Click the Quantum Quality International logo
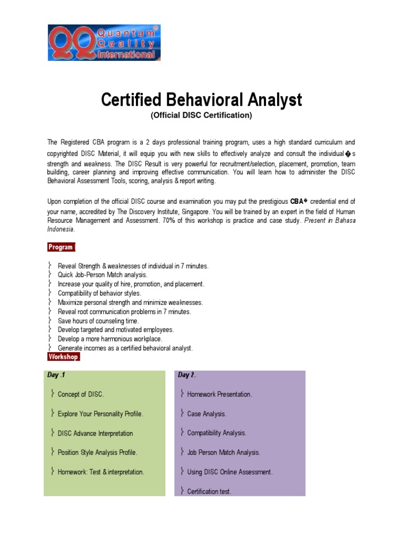coord(104,42)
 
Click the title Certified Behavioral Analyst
coord(201,99)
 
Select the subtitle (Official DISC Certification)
coord(201,115)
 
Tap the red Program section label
coord(61,247)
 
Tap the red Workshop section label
coord(63,357)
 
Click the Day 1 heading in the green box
coord(56,375)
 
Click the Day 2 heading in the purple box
coord(187,375)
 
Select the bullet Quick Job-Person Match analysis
coord(102,275)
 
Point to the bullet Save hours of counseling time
coord(98,320)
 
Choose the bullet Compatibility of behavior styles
coord(99,293)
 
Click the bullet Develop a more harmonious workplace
coord(110,339)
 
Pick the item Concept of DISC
coord(81,394)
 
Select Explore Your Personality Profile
coord(100,414)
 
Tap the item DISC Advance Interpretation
coord(95,433)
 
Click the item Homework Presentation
coord(219,394)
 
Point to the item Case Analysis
coord(207,414)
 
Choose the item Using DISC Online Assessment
coord(230,472)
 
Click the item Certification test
coord(209,492)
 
